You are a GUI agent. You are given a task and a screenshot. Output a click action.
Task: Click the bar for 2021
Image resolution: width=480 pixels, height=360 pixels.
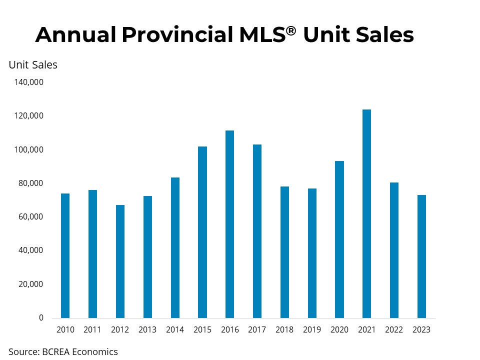tap(366, 213)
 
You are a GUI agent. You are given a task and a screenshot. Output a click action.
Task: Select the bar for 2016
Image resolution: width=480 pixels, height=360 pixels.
tap(229, 224)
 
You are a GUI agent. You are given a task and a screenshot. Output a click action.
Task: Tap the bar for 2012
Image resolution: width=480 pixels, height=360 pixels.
tap(120, 261)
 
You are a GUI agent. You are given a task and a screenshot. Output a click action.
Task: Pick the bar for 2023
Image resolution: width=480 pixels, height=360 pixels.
tap(421, 256)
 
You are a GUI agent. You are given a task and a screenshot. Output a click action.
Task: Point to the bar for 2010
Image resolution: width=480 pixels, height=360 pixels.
tap(65, 255)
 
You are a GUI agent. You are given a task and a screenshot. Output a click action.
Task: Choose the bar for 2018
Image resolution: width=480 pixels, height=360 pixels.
tap(284, 252)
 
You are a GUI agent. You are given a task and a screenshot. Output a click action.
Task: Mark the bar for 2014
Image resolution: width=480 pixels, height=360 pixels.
tap(175, 247)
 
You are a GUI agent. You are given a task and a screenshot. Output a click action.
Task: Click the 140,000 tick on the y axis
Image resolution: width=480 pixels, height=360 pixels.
tap(29, 82)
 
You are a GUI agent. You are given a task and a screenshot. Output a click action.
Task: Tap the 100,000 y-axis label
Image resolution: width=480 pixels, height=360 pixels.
tap(29, 149)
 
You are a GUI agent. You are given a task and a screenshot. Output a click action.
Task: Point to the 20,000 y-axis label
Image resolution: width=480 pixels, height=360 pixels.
tap(30, 284)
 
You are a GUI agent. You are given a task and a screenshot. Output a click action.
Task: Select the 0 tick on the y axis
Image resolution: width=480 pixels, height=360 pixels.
tap(41, 318)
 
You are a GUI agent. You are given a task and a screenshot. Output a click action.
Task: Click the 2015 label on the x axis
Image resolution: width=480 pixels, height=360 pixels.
tap(202, 329)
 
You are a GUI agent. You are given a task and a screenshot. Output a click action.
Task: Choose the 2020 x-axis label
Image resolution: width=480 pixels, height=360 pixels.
tap(339, 329)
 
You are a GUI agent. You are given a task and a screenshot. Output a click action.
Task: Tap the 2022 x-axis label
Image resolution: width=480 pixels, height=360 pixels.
tap(394, 329)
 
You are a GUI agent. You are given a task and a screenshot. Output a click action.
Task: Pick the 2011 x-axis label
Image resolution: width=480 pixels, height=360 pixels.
tap(92, 329)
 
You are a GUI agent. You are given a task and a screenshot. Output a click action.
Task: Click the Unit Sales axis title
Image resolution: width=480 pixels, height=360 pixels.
tap(33, 65)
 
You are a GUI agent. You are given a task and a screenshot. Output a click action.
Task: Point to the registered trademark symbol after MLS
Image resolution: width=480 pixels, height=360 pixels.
tap(291, 30)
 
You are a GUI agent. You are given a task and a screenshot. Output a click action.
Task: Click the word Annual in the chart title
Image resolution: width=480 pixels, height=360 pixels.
tap(76, 34)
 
